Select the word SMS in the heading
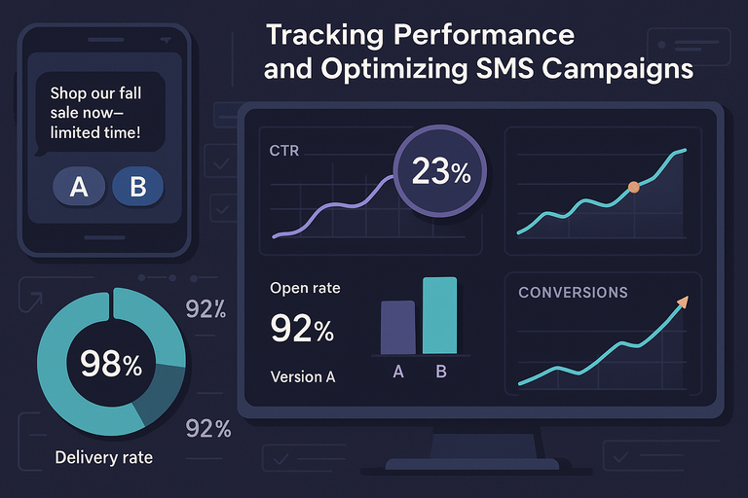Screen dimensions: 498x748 tap(490, 70)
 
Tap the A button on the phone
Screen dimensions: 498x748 tap(79, 187)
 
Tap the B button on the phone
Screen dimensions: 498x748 tap(137, 187)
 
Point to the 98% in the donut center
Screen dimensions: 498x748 tap(110, 365)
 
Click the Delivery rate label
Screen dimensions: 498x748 tap(103, 457)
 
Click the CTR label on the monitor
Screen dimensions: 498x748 tap(284, 152)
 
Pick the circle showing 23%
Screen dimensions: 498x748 tap(440, 173)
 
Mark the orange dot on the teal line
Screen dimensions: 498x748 tap(634, 186)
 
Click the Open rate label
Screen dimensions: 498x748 tap(305, 288)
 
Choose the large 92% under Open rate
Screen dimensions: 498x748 tap(302, 330)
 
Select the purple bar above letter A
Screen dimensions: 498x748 tap(397, 327)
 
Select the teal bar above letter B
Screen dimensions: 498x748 tap(439, 315)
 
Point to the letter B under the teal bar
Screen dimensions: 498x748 tap(441, 371)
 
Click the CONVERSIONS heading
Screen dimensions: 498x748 tap(573, 292)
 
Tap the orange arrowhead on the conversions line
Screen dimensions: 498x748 tap(682, 302)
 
